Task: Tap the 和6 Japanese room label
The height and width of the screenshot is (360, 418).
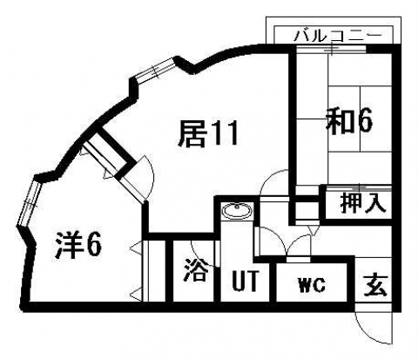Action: [x=348, y=121]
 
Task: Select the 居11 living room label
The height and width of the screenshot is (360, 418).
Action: [x=208, y=134]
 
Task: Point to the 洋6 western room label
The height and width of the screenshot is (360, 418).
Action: [x=78, y=245]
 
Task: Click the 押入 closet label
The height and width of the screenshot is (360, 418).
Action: [x=363, y=202]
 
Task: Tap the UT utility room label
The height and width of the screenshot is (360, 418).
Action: [x=246, y=281]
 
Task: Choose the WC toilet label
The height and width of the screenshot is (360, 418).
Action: [x=312, y=285]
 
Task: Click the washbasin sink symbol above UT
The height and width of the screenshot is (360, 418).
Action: [x=238, y=211]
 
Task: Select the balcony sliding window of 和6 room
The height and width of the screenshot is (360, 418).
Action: [x=332, y=49]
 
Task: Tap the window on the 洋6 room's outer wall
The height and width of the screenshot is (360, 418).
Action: [x=29, y=203]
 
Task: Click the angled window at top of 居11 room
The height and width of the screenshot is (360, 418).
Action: [x=156, y=69]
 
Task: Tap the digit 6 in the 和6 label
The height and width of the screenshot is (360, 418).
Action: [x=365, y=121]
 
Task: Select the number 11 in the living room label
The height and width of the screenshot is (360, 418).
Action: [x=225, y=134]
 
